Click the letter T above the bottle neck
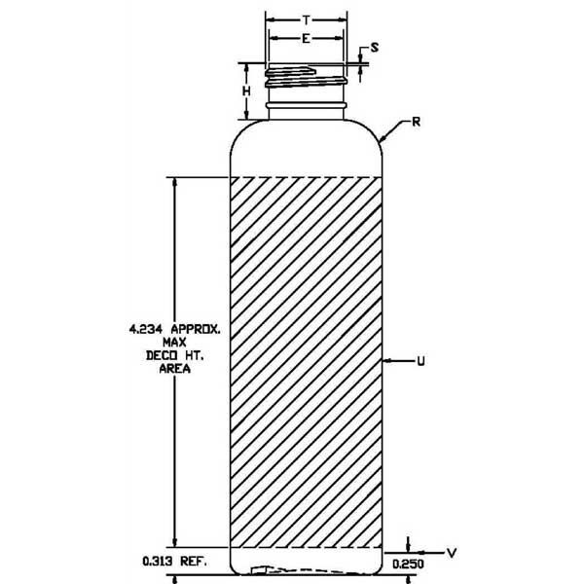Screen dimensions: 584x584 307,19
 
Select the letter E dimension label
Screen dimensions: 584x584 306,38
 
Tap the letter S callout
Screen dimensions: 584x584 375,48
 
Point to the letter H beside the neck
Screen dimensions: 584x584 246,91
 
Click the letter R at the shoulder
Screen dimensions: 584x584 416,122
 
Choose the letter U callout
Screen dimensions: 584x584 420,361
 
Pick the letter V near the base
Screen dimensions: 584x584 452,553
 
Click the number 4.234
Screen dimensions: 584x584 146,329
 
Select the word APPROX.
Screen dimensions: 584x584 196,329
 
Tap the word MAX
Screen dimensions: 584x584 174,342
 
